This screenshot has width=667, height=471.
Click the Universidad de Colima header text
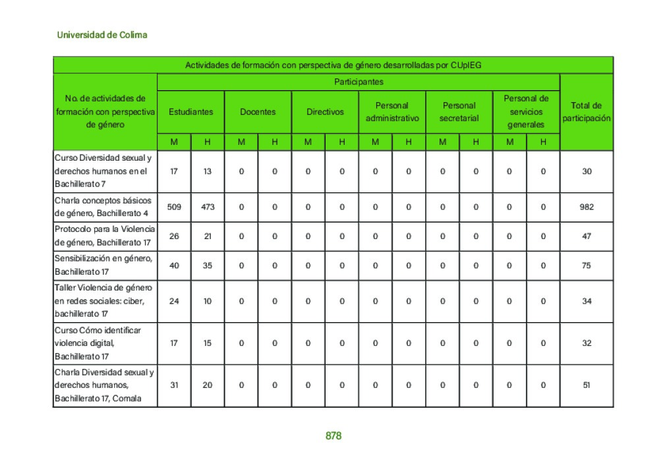pyautogui.click(x=102, y=35)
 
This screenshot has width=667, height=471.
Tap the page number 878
pyautogui.click(x=333, y=436)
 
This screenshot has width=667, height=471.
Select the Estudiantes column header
pyautogui.click(x=190, y=112)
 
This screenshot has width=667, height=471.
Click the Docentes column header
pyautogui.click(x=258, y=112)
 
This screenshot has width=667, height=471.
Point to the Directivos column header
pyautogui.click(x=325, y=112)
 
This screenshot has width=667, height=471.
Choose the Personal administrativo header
pyautogui.click(x=392, y=112)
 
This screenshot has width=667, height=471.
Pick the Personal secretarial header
pyautogui.click(x=459, y=112)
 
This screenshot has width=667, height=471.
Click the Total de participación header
pyautogui.click(x=587, y=112)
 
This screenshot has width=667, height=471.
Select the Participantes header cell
pyautogui.click(x=359, y=82)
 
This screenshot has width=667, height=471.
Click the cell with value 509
pyautogui.click(x=174, y=207)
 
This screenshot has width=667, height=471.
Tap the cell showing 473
pyautogui.click(x=208, y=207)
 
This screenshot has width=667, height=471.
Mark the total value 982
pyautogui.click(x=587, y=207)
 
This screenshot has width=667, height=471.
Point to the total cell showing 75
pyautogui.click(x=587, y=265)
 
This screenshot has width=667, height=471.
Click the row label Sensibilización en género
pyautogui.click(x=104, y=265)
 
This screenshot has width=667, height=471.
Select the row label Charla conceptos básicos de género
pyautogui.click(x=104, y=207)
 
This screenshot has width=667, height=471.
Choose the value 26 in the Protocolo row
pyautogui.click(x=174, y=236)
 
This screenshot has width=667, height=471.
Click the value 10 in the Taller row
pyautogui.click(x=208, y=301)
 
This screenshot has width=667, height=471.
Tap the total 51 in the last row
pyautogui.click(x=587, y=385)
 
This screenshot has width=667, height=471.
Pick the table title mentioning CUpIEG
pyautogui.click(x=333, y=65)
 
